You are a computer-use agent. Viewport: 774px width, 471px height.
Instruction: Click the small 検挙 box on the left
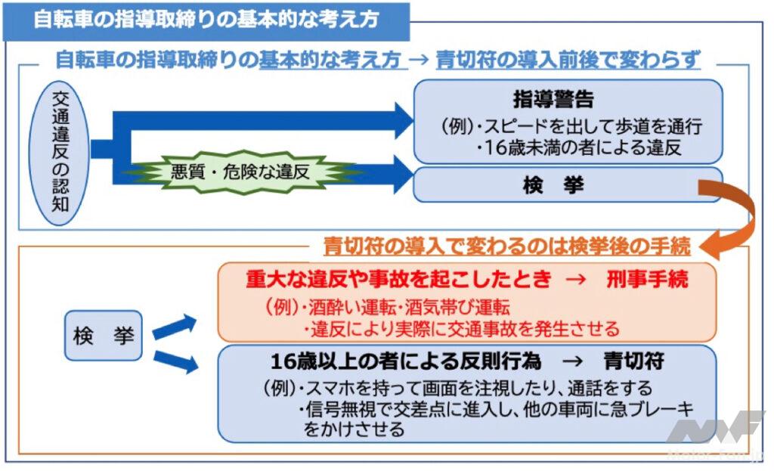[104, 335]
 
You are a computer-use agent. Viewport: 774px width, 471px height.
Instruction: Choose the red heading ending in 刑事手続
[466, 280]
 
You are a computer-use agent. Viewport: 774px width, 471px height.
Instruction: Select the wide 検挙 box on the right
[567, 185]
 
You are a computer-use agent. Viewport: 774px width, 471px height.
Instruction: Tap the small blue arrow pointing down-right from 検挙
[175, 361]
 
